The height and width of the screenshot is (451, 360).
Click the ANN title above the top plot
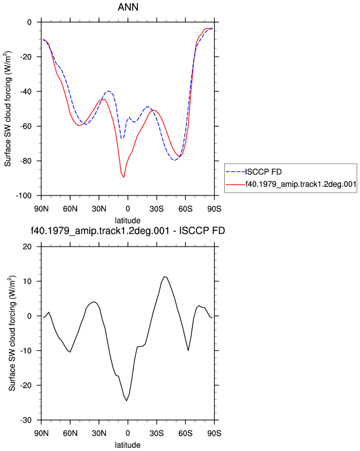(x=128, y=7)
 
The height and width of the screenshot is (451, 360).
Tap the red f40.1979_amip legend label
(x=301, y=184)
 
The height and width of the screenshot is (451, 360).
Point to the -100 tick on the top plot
(x=23, y=195)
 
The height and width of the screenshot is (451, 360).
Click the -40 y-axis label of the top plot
(x=26, y=91)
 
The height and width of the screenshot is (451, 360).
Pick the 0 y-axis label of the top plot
(x=29, y=22)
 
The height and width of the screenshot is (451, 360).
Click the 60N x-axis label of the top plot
(x=70, y=209)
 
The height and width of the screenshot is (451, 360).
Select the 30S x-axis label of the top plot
(x=156, y=209)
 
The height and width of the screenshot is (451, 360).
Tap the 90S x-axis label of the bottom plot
(x=214, y=433)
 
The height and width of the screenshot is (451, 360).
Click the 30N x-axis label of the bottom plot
(x=99, y=433)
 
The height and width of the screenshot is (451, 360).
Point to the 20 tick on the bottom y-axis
(x=27, y=247)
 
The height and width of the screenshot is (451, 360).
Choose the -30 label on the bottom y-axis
(x=26, y=420)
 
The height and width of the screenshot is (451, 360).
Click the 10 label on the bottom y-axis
(x=27, y=281)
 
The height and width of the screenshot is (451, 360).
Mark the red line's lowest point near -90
(x=124, y=178)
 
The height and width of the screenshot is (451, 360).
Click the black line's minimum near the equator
(x=126, y=401)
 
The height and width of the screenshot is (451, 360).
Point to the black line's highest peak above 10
(x=165, y=277)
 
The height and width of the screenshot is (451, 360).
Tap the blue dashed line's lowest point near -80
(x=174, y=160)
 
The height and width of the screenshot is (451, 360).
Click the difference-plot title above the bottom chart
(x=127, y=231)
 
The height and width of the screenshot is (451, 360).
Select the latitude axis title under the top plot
(x=127, y=220)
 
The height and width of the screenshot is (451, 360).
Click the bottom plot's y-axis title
(x=12, y=333)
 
